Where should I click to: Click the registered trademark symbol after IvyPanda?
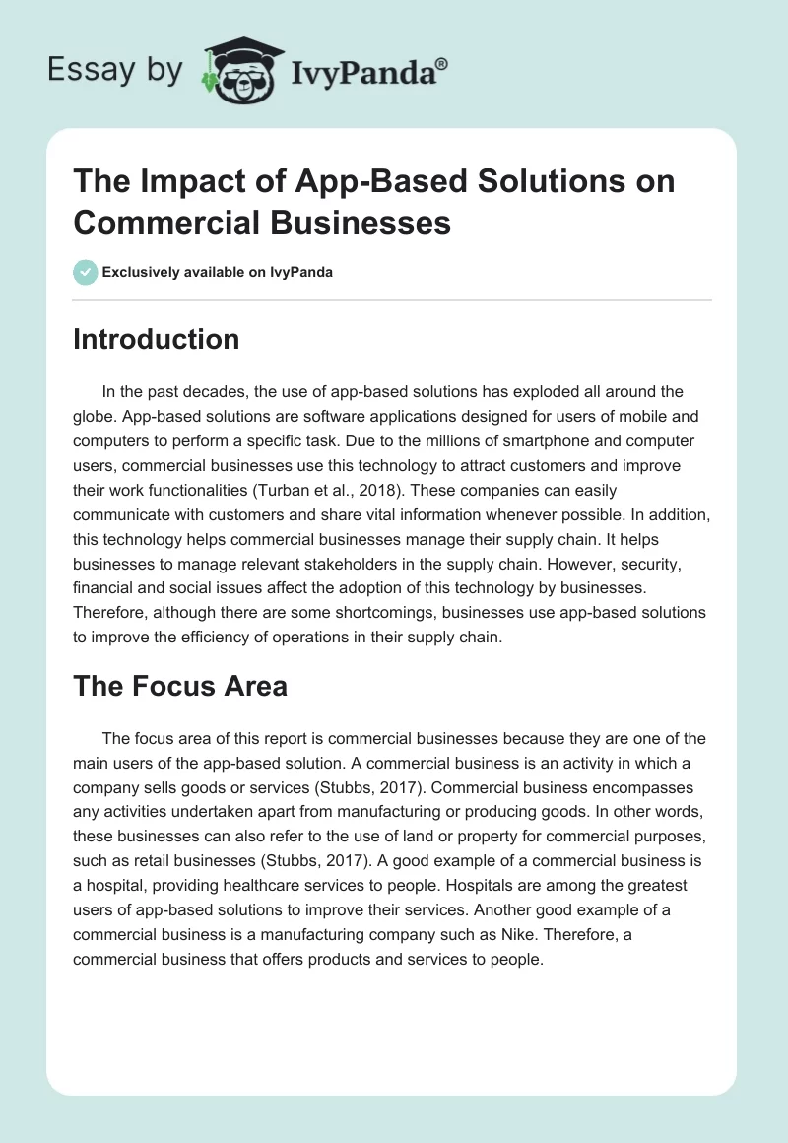coord(442,63)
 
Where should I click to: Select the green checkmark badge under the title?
coord(86,272)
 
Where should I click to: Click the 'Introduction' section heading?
coord(156,339)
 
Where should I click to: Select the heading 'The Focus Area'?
coord(180,686)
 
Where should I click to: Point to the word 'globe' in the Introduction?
coord(96,416)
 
